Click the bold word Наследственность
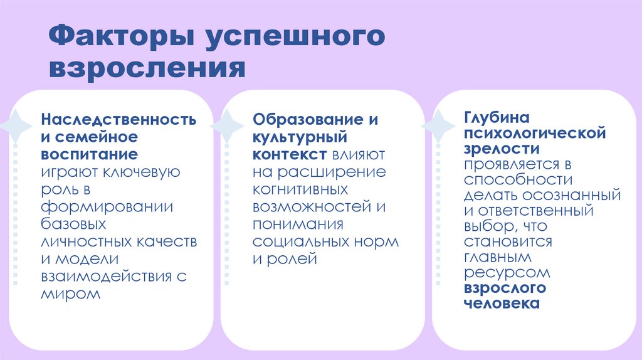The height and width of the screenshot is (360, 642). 118,119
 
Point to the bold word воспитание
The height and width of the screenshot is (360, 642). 89,154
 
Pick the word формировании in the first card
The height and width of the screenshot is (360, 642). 107,206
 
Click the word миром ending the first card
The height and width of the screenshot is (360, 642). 71,293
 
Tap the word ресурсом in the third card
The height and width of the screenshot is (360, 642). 507,273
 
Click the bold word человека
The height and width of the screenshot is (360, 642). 502,304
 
